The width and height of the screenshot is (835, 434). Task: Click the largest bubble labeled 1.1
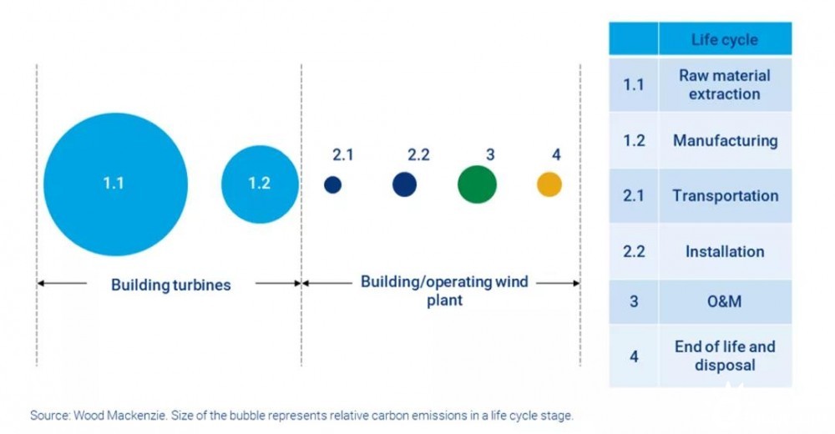click(x=115, y=184)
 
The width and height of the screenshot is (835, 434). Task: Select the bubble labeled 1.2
click(x=260, y=184)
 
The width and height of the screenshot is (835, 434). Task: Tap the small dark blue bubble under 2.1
click(x=333, y=184)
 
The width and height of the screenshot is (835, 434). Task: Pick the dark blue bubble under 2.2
click(x=405, y=184)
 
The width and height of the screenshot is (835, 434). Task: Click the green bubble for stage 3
click(x=477, y=184)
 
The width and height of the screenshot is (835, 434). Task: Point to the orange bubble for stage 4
click(x=549, y=184)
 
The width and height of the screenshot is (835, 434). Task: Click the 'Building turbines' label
click(x=171, y=285)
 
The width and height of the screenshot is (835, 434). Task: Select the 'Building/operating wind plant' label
click(x=445, y=290)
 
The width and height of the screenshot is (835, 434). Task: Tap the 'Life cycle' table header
click(x=725, y=39)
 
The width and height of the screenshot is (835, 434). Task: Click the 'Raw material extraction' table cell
click(x=725, y=84)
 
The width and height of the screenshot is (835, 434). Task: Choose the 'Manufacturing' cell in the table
click(x=726, y=140)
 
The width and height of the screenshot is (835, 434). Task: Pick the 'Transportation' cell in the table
click(x=726, y=196)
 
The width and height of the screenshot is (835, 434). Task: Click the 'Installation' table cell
click(x=725, y=251)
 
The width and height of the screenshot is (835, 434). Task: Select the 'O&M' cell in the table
click(x=724, y=301)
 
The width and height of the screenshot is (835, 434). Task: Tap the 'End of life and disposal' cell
click(x=725, y=356)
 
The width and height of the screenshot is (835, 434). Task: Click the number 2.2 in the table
click(x=634, y=251)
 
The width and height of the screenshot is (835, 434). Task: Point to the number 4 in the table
click(x=634, y=356)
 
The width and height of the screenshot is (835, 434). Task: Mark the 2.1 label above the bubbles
click(x=343, y=155)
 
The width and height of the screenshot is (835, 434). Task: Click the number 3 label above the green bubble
click(x=490, y=155)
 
